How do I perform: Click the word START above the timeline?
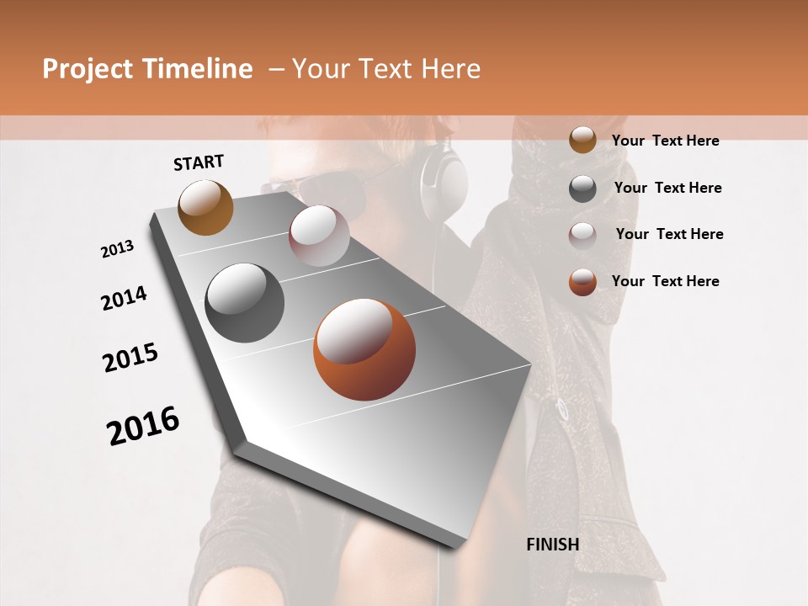click(199, 162)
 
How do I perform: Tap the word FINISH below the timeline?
click(552, 545)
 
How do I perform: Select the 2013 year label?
click(118, 249)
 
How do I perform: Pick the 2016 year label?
click(143, 426)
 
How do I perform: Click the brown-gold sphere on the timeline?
click(205, 207)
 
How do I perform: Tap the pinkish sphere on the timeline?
click(319, 236)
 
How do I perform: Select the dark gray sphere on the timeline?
click(245, 303)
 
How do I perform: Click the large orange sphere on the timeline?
click(364, 349)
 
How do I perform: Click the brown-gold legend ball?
click(582, 140)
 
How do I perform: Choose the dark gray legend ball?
click(582, 189)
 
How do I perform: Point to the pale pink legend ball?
click(582, 235)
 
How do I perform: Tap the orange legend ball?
click(582, 282)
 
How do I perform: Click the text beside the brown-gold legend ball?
click(665, 141)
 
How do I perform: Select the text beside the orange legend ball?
click(665, 281)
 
